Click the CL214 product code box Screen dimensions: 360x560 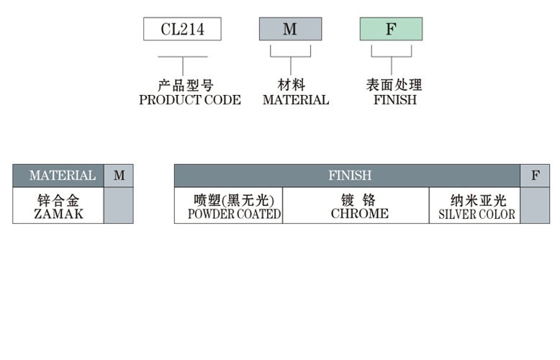point(182,29)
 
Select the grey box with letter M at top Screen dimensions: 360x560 point(290,29)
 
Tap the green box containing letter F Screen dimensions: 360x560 point(391,29)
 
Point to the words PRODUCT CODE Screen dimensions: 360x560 point(190,100)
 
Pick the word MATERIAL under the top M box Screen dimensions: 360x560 point(296,100)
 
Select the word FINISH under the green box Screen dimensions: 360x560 point(395,100)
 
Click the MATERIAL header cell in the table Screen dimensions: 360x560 point(62,176)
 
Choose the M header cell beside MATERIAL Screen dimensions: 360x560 point(119,176)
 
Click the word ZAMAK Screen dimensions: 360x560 point(58,214)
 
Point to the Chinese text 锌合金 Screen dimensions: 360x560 point(58,200)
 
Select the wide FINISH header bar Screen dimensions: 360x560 point(349,176)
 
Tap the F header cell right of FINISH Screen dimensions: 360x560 point(535,176)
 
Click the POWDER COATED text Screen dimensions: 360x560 point(234,214)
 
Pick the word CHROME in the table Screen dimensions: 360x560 point(359,214)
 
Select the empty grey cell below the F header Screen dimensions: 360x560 point(535,205)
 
